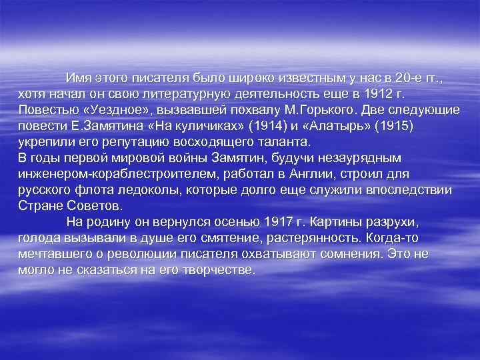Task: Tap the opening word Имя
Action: pyautogui.click(x=79, y=77)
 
